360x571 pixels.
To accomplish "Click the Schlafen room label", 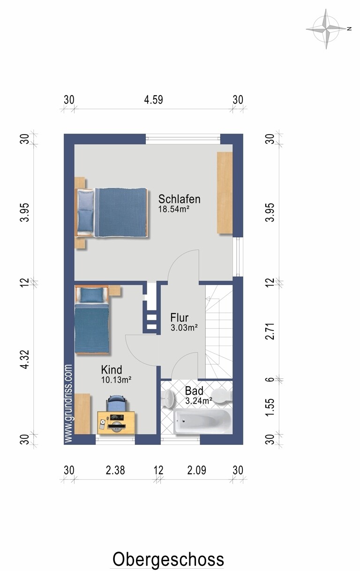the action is click(x=179, y=199).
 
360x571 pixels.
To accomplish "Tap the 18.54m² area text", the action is click(x=173, y=209).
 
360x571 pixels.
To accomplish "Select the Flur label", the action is click(x=180, y=318).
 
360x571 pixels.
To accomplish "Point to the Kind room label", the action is click(x=112, y=369).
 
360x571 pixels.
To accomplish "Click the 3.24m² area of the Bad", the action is click(x=199, y=401).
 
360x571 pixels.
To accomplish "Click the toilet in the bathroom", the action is click(x=222, y=397).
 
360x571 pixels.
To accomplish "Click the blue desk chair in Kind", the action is click(x=116, y=403).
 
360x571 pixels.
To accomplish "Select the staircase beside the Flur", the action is click(x=219, y=331).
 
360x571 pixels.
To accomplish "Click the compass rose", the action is click(x=326, y=29).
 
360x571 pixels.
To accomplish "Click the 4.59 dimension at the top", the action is click(x=153, y=100).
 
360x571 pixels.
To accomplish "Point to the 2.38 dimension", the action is click(x=115, y=470).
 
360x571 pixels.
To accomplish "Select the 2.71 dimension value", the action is click(x=270, y=331).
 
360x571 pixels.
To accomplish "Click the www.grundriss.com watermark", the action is click(x=69, y=403).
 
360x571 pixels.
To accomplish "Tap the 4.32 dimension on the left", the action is click(x=25, y=359).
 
